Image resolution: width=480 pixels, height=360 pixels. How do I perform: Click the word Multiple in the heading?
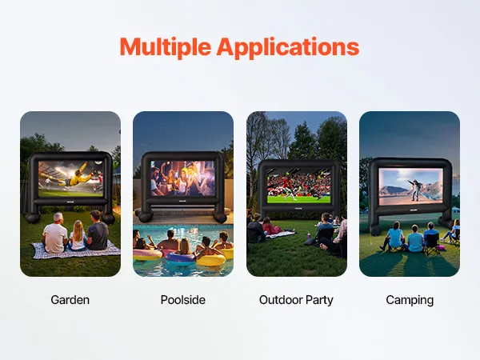[166, 47]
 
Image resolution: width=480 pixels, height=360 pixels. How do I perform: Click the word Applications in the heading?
[288, 47]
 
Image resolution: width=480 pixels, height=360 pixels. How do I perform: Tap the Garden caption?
[70, 300]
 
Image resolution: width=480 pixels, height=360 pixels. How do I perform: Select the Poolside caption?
[183, 300]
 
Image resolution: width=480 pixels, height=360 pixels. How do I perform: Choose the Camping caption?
[410, 300]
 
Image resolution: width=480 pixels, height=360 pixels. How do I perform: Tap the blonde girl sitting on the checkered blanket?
[78, 235]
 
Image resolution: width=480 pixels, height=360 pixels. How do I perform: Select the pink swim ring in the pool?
[147, 254]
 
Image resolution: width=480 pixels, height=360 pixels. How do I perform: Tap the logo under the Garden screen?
[70, 202]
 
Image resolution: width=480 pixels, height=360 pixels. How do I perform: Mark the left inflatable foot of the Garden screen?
[33, 218]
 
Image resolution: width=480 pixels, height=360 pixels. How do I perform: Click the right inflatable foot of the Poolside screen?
[220, 218]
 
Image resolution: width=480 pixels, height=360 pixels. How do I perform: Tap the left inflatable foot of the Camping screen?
[375, 230]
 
